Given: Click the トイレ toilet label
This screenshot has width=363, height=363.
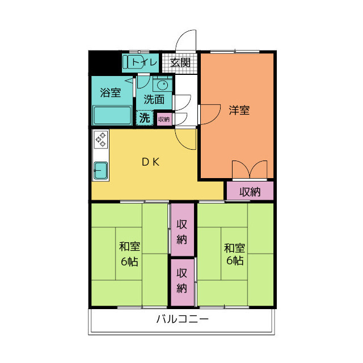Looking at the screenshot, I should point(142,62).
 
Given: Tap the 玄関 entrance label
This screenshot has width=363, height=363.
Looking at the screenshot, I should point(180,62).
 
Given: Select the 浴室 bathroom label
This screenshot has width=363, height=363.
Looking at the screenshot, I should point(110,92).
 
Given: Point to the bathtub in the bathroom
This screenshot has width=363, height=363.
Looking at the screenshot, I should point(112,116).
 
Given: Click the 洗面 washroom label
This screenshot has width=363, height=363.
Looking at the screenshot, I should point(154,99).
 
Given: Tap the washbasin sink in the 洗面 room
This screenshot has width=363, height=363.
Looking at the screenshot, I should point(162,86).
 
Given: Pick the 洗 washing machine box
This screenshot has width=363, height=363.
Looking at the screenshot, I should point(145,119).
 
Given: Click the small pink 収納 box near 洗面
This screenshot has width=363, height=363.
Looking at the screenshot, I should point(163,119).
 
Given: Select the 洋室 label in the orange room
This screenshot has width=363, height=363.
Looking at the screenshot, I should point(239,110).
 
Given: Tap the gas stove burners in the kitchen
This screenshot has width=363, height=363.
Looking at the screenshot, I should point(100,140).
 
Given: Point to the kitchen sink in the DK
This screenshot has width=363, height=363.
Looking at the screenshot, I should point(100,170).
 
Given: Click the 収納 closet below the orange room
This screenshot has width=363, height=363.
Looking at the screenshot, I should point(250,191).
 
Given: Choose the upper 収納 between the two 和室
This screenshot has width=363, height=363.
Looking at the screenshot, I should point(182,230).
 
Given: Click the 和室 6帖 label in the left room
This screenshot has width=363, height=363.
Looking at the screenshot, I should point(130,254).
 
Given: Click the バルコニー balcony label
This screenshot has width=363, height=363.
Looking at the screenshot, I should point(183,319).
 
